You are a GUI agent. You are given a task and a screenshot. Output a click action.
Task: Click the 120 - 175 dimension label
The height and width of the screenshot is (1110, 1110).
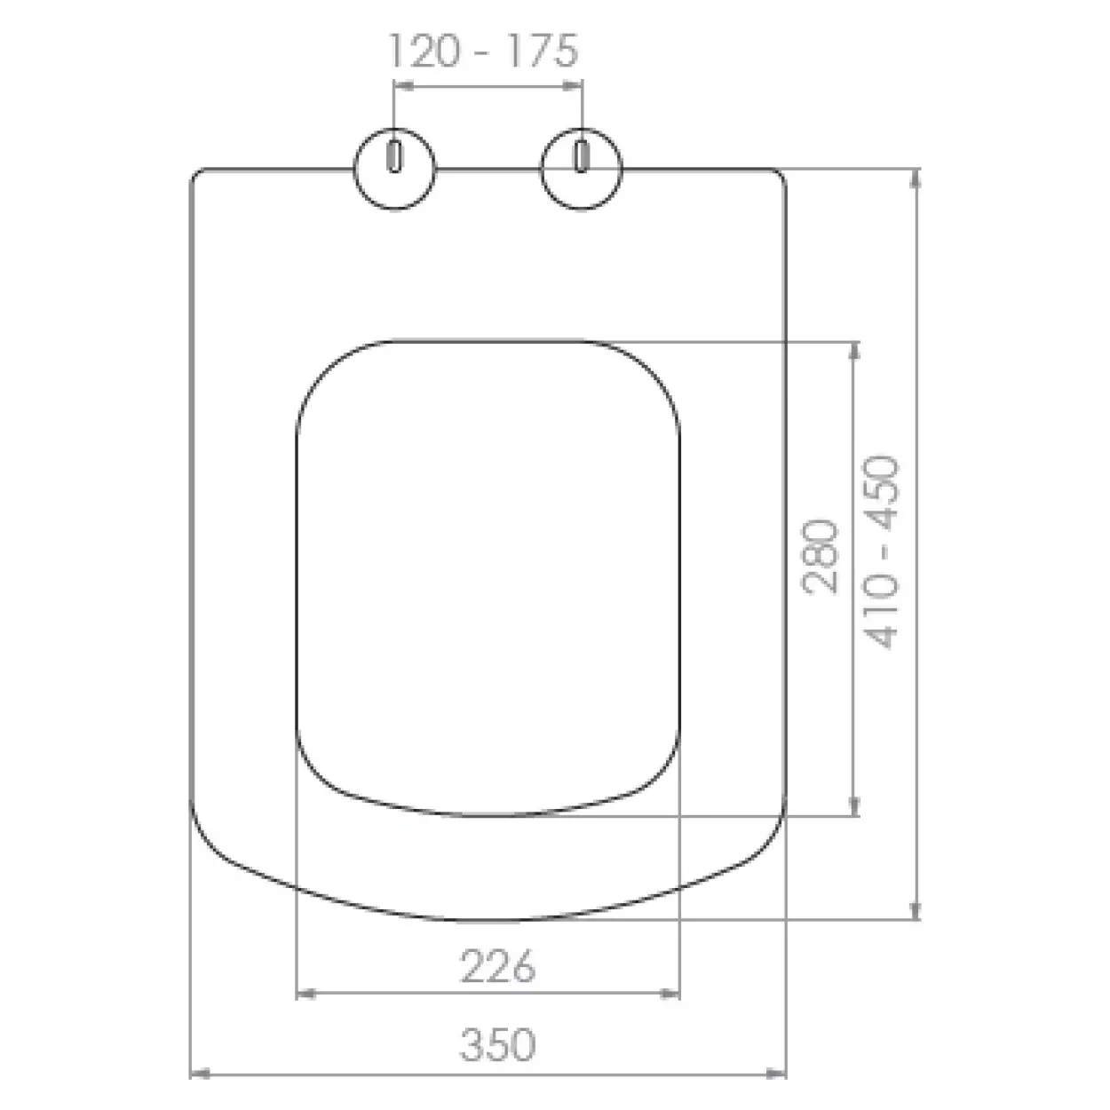(484, 52)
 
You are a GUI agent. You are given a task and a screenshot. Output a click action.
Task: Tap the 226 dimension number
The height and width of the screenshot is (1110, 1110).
(497, 965)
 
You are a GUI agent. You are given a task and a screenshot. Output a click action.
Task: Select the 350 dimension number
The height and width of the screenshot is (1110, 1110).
(497, 1045)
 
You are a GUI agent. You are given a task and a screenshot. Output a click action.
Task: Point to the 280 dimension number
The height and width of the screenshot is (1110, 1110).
(820, 557)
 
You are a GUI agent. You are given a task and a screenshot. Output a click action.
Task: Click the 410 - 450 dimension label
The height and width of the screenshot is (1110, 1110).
(880, 552)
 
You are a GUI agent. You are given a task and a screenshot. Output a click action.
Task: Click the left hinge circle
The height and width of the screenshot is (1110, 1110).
(394, 169)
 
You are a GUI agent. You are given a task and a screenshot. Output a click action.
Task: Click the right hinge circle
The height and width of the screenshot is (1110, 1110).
(582, 169)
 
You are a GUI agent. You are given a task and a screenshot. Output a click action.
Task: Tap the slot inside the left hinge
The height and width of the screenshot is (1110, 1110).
(394, 155)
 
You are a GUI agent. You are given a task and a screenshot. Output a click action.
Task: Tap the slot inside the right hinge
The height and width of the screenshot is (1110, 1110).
(582, 155)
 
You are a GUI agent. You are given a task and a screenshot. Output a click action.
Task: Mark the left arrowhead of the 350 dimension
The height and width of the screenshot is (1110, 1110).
(199, 1074)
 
